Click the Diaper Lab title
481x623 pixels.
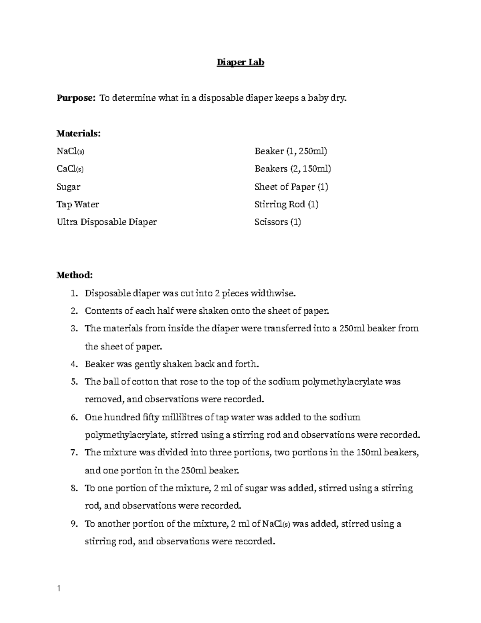240,63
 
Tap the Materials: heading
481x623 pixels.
79,134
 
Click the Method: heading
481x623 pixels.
75,275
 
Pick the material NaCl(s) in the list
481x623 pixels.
71,151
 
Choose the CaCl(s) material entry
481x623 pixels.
70,169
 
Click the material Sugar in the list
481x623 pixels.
69,187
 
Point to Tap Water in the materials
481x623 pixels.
78,205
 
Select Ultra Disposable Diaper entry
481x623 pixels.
107,222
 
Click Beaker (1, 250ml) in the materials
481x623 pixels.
291,151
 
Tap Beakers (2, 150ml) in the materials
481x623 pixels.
293,169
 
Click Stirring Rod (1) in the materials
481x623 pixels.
286,205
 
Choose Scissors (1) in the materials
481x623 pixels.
277,222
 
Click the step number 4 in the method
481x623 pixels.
73,364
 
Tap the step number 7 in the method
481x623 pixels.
73,453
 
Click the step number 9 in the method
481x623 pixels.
73,524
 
